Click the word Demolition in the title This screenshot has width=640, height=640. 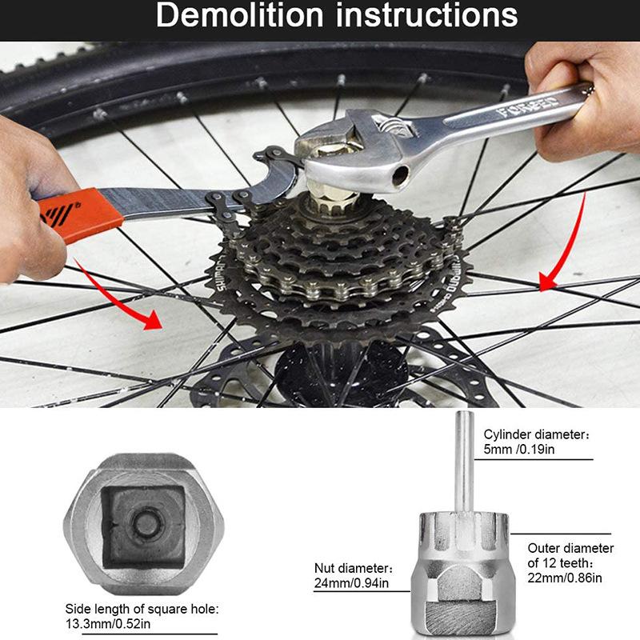(240, 15)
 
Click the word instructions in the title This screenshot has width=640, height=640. (426, 15)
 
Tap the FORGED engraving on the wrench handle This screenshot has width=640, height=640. (526, 106)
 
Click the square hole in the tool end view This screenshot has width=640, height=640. (143, 527)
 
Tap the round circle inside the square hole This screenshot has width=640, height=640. (146, 524)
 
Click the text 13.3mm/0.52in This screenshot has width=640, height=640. (108, 624)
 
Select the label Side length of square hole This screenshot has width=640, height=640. (142, 609)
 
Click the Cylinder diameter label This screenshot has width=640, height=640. (536, 434)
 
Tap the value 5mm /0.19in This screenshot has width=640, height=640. (519, 450)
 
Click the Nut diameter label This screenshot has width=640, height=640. (354, 568)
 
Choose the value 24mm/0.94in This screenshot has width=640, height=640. (351, 583)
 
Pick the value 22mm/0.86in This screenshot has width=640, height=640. (565, 578)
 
